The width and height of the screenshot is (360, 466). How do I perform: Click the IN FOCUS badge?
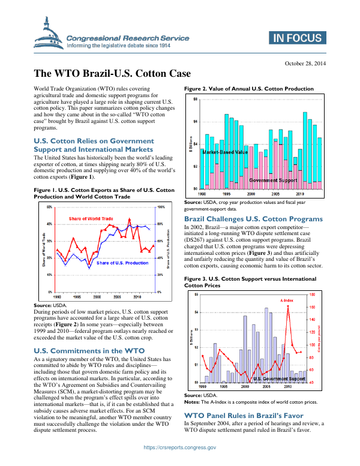click(297, 39)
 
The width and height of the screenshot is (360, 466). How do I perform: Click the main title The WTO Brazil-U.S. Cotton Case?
click(112, 74)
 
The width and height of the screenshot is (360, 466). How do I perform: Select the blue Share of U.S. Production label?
click(122, 263)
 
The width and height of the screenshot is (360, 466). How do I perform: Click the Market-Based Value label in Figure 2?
click(225, 153)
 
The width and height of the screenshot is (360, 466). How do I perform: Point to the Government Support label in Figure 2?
click(273, 180)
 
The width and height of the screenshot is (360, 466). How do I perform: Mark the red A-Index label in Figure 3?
click(287, 299)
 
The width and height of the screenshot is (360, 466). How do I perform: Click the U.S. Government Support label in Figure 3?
click(279, 379)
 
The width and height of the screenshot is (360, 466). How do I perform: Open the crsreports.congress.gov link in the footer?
click(180, 447)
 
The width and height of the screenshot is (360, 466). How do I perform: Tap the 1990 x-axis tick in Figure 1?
click(57, 296)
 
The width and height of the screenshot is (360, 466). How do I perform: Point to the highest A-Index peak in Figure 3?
click(289, 306)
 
